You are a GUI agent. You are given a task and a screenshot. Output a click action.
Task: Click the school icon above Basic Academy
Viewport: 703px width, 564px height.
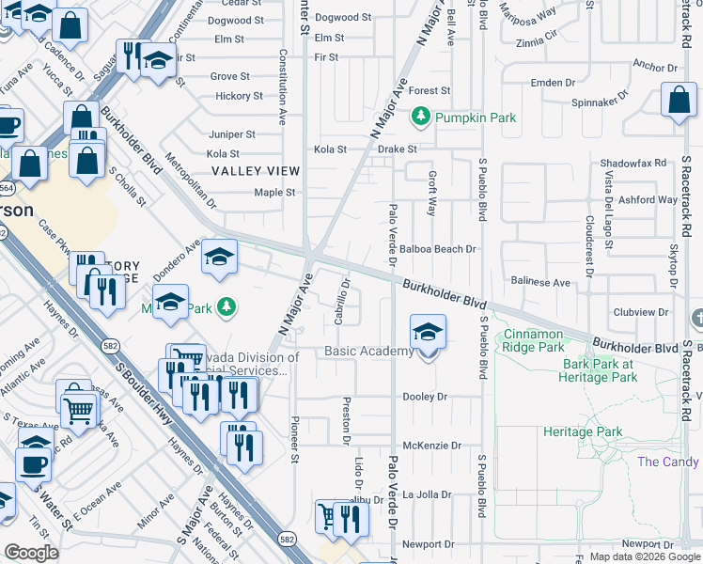428,332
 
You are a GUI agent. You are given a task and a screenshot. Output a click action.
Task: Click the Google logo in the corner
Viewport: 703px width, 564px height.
31,553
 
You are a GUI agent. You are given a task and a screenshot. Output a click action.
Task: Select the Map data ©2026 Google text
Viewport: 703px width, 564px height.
645,556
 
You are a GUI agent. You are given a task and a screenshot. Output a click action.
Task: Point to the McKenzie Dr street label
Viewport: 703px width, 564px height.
432,446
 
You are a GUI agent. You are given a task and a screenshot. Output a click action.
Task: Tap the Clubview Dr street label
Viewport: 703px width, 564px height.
645,312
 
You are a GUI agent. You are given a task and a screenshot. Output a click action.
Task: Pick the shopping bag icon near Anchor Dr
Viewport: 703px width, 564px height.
679,102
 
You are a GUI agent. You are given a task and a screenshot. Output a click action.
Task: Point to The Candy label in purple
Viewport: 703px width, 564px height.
667,462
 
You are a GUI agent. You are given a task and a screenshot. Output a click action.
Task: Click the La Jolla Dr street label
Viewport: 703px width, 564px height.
429,494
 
